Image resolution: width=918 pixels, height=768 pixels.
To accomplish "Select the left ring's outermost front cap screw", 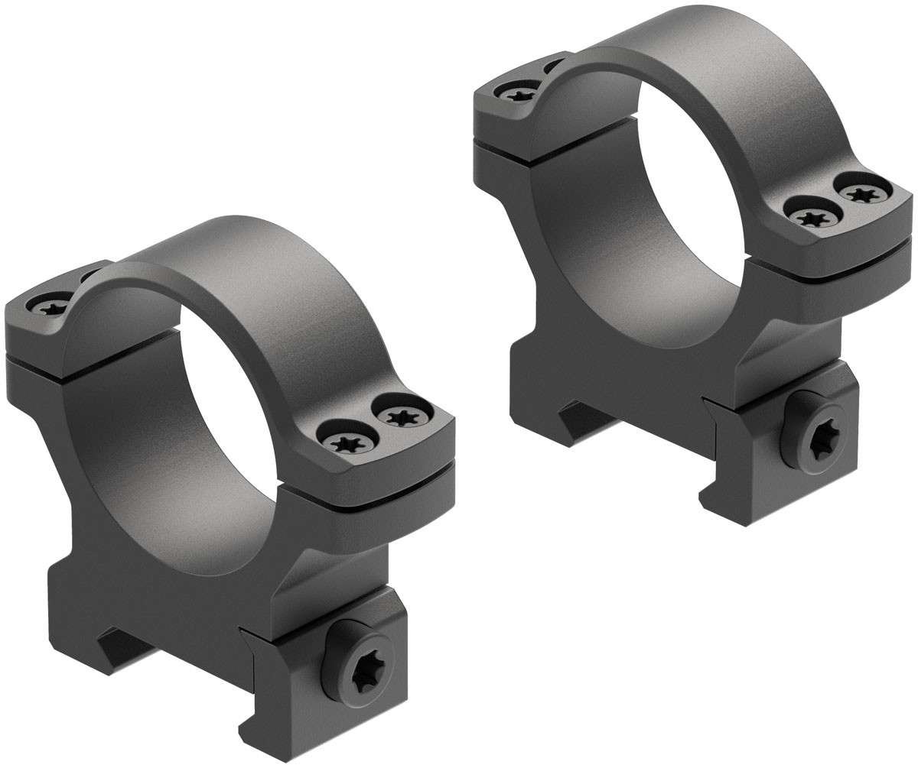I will click(x=399, y=417).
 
